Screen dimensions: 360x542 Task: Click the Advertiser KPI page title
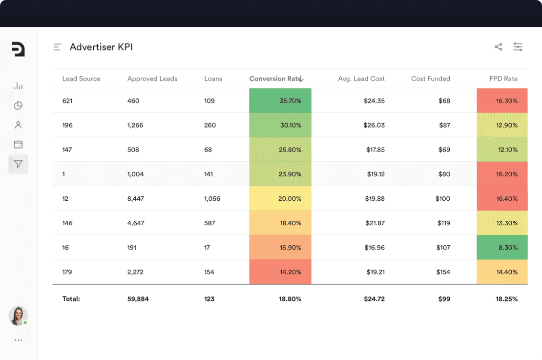pos(101,47)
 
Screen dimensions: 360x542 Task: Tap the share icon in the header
pos(498,47)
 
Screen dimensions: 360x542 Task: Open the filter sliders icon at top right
pos(518,47)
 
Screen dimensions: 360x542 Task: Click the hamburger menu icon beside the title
pos(58,47)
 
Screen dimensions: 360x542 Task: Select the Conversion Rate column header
pos(276,79)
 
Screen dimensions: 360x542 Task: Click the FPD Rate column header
pos(503,79)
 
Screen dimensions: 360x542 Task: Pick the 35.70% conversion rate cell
pos(280,101)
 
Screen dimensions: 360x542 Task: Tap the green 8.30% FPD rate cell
pos(502,248)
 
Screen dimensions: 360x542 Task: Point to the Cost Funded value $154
pos(443,272)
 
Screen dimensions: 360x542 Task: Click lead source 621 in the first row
pos(67,101)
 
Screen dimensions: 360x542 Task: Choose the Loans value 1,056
pos(212,199)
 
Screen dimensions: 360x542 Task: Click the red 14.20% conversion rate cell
pos(280,272)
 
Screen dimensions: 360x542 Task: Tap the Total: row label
pos(71,299)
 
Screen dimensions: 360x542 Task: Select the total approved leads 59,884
pos(138,299)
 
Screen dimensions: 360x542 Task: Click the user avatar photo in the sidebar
pos(18,316)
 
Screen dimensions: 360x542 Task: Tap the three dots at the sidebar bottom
pos(18,340)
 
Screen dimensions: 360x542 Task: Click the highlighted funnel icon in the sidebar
pos(18,164)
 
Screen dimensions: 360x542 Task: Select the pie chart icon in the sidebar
pos(18,106)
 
